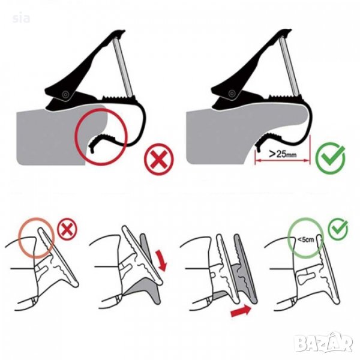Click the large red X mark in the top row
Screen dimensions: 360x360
[159, 159]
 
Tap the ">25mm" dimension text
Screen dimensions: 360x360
[283, 154]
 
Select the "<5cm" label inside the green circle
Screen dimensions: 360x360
[305, 239]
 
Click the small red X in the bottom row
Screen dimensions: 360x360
[67, 229]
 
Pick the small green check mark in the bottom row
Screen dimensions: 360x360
[338, 229]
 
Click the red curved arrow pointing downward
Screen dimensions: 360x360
[161, 260]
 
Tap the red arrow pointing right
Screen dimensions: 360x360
[241, 311]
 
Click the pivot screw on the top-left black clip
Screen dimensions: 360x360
[66, 94]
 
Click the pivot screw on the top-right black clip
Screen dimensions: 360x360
[232, 94]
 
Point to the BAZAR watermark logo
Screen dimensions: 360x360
[323, 343]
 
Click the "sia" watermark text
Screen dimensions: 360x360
[21, 18]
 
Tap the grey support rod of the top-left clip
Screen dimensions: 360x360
[123, 67]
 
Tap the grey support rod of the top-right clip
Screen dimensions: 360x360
[289, 66]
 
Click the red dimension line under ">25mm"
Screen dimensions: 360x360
[283, 161]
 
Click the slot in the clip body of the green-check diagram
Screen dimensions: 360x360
[305, 278]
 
